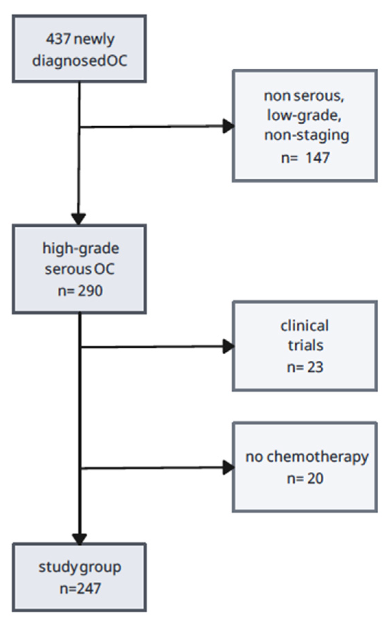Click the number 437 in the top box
(58, 39)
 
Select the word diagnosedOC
(80, 61)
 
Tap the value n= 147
(305, 158)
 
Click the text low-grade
(304, 115)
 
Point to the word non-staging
(306, 135)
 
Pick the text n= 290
(80, 291)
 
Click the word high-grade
(81, 248)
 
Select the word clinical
(305, 326)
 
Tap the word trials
(305, 345)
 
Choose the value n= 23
(305, 367)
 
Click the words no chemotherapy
(307, 457)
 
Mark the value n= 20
(305, 478)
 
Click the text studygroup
(80, 567)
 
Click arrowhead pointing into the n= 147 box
(228, 126)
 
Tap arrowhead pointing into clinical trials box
(228, 346)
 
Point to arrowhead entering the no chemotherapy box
(228, 467)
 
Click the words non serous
(304, 96)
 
